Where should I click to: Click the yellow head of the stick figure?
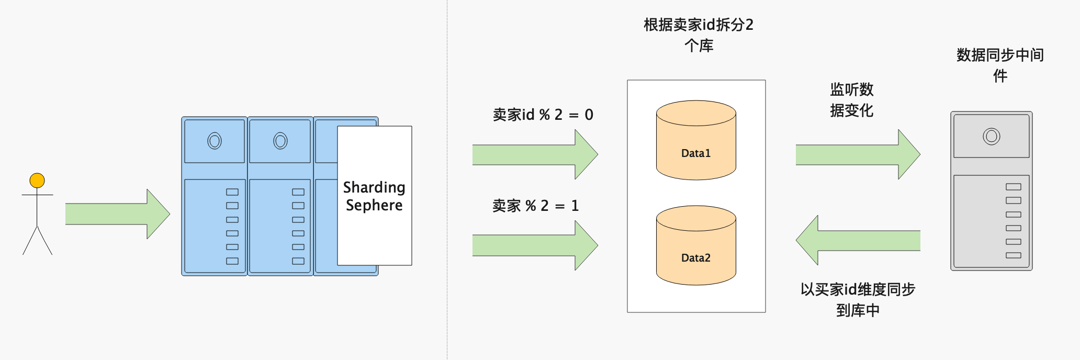[37, 181]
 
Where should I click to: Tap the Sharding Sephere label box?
[374, 196]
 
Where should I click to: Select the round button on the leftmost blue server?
[215, 141]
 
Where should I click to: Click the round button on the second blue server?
[280, 141]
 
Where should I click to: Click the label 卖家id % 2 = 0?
[543, 115]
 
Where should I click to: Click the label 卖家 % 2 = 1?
[535, 206]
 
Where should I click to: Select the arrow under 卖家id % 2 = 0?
[534, 155]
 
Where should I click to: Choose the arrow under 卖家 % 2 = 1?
[534, 245]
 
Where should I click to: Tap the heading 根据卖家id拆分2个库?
[699, 35]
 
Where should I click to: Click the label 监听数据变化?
[851, 100]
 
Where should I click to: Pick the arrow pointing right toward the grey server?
[857, 155]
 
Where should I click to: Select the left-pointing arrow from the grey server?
[858, 240]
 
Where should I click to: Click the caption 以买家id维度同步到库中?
[858, 300]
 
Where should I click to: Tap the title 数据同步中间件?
[1000, 65]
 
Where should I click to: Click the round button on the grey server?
[991, 137]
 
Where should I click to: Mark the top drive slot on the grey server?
[1013, 187]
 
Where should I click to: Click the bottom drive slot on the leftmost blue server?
[232, 261]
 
